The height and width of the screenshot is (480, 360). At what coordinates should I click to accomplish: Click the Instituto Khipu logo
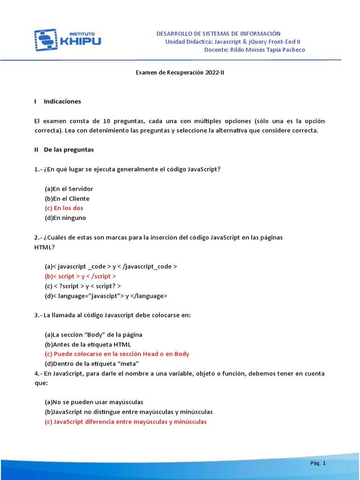pyautogui.click(x=67, y=40)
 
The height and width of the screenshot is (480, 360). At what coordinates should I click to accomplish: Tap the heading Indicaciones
pyautogui.click(x=62, y=101)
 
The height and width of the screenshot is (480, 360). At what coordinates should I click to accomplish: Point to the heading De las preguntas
pyautogui.click(x=69, y=150)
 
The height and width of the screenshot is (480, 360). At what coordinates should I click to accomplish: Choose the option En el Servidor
pyautogui.click(x=69, y=189)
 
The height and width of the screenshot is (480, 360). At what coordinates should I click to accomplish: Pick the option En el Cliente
pyautogui.click(x=67, y=199)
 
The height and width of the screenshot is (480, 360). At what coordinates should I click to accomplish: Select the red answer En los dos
pyautogui.click(x=64, y=208)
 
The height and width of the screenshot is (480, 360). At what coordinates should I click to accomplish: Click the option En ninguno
pyautogui.click(x=66, y=218)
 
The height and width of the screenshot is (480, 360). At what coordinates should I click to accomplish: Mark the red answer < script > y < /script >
pyautogui.click(x=81, y=276)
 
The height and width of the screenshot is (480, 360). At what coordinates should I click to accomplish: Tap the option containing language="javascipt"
pyautogui.click(x=106, y=296)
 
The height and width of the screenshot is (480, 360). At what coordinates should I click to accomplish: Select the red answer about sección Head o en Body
pyautogui.click(x=117, y=354)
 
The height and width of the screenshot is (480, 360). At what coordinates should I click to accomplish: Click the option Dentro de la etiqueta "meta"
pyautogui.click(x=85, y=364)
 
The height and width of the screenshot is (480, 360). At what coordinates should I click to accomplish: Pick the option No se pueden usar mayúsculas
pyautogui.click(x=94, y=402)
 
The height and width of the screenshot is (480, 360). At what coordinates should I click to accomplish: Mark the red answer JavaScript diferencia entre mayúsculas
pyautogui.click(x=126, y=421)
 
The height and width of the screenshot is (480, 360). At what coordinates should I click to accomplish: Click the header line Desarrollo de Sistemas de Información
pyautogui.click(x=218, y=33)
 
